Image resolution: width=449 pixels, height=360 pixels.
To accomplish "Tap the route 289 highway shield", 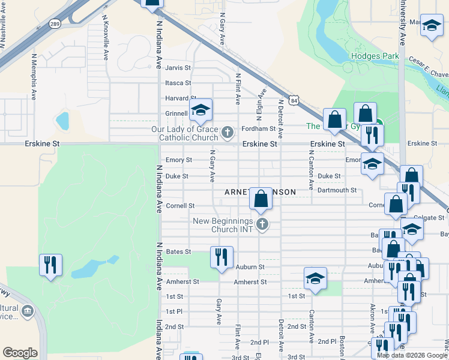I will pyautogui.click(x=55, y=24).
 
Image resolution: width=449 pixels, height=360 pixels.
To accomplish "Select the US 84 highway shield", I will pyautogui.click(x=293, y=101).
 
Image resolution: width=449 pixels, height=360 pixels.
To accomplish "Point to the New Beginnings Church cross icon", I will pyautogui.click(x=262, y=225).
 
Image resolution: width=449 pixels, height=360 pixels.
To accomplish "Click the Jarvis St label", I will pyautogui.click(x=178, y=68).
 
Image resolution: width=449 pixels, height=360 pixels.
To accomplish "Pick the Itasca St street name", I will pyautogui.click(x=178, y=83).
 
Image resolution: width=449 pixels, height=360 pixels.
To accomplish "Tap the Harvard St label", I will pyautogui.click(x=181, y=98).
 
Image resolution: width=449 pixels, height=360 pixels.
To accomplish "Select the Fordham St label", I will pyautogui.click(x=258, y=128).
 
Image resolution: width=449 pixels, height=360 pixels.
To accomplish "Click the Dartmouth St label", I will pyautogui.click(x=337, y=190).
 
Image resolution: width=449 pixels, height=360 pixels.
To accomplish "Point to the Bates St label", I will pyautogui.click(x=178, y=251).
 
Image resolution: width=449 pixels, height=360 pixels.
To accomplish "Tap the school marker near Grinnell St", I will pyautogui.click(x=200, y=110).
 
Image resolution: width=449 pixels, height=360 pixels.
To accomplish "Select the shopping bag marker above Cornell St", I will pyautogui.click(x=261, y=198).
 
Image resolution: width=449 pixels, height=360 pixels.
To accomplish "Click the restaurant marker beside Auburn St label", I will pyautogui.click(x=221, y=257).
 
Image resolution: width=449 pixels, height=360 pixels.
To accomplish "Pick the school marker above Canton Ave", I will pyautogui.click(x=315, y=278).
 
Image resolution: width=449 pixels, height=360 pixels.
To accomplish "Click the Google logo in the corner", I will pyautogui.click(x=20, y=353).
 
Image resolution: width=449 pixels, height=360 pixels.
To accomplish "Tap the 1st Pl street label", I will pyautogui.click(x=174, y=311).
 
